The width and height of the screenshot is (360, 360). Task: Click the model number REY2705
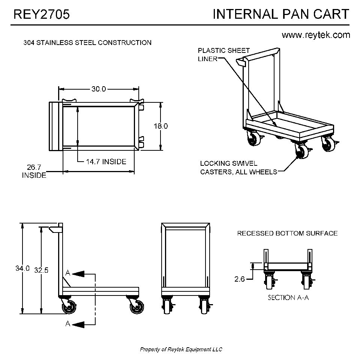[x=41, y=14]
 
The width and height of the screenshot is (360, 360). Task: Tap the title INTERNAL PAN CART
[x=281, y=14]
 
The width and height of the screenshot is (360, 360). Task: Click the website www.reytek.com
[x=316, y=35]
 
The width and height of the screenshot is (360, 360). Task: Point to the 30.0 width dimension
[x=99, y=89]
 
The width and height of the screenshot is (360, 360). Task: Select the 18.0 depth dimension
[x=160, y=126]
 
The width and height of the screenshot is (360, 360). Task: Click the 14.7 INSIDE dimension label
[x=106, y=162]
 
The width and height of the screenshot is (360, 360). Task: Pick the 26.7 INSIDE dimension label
[x=34, y=171]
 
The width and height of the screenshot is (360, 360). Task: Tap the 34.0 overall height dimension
[x=22, y=268]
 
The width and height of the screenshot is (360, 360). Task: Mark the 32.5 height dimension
[x=41, y=270]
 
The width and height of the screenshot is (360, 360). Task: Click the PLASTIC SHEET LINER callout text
[x=223, y=55]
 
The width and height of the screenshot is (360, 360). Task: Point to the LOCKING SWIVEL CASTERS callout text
[x=238, y=168]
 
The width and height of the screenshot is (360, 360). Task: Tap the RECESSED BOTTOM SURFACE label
[x=287, y=233]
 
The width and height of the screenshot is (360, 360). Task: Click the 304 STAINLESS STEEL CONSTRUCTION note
[x=87, y=43]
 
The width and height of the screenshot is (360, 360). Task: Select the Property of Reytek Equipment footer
[x=181, y=349]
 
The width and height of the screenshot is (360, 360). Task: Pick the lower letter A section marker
[x=68, y=324]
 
